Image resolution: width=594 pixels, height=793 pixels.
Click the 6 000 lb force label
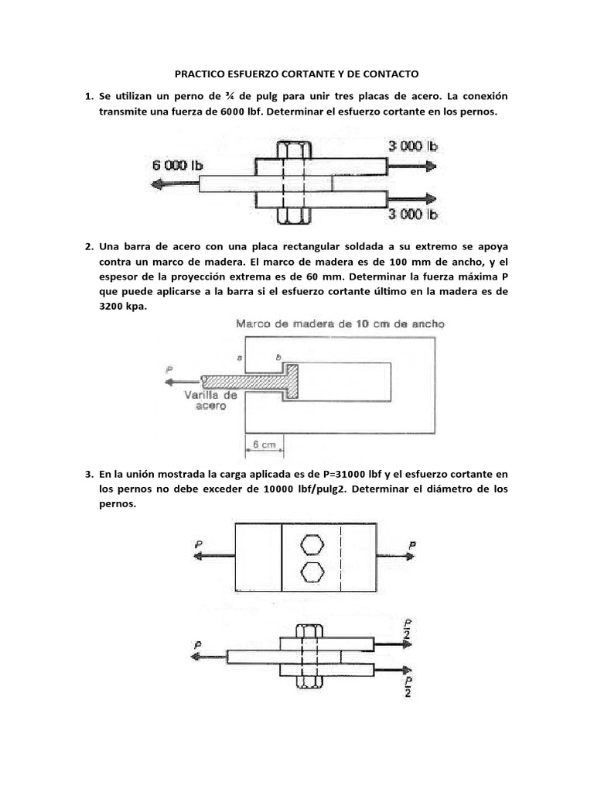pos(179,165)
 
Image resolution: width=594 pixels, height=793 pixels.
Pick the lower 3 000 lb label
pos(413,214)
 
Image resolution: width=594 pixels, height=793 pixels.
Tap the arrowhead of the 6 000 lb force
pos(157,184)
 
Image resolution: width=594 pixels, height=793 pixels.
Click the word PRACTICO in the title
pos(203,74)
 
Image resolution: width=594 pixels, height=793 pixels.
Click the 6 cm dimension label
pos(265,445)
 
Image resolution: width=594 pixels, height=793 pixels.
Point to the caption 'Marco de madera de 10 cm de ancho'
pos(340,324)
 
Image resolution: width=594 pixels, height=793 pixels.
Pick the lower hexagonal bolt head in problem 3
pos(311,572)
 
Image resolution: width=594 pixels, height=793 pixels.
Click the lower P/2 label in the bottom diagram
pos(408,686)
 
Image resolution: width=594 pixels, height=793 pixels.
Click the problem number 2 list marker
pos(89,247)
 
